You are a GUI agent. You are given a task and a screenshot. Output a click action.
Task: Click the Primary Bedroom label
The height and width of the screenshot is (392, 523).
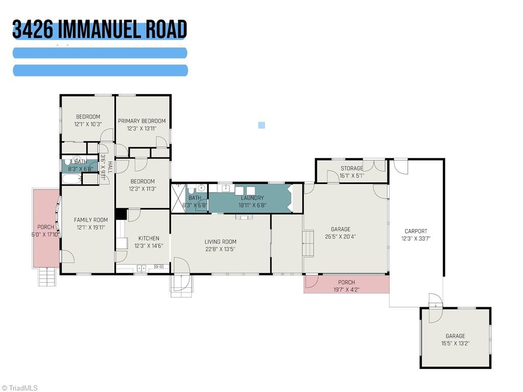[142, 121]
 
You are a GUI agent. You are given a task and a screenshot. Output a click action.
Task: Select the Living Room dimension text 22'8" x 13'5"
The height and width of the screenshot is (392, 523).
[220, 249]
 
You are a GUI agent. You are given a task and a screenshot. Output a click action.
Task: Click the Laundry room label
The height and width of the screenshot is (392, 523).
[252, 198]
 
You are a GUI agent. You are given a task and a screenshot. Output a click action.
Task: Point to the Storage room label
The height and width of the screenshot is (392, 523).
[352, 169]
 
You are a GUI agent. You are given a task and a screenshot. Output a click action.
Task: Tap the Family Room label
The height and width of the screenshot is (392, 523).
[91, 220]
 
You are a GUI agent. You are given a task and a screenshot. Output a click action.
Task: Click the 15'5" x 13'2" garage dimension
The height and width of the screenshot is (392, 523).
[455, 343]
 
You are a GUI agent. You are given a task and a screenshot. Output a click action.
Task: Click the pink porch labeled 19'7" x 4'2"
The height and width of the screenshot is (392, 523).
[347, 285]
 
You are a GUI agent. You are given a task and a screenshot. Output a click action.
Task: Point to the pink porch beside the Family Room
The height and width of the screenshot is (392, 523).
[45, 228]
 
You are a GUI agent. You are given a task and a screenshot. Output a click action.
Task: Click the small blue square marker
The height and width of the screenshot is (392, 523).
[261, 125]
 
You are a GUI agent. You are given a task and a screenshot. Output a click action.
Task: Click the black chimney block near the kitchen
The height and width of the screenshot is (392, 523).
[121, 214]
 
